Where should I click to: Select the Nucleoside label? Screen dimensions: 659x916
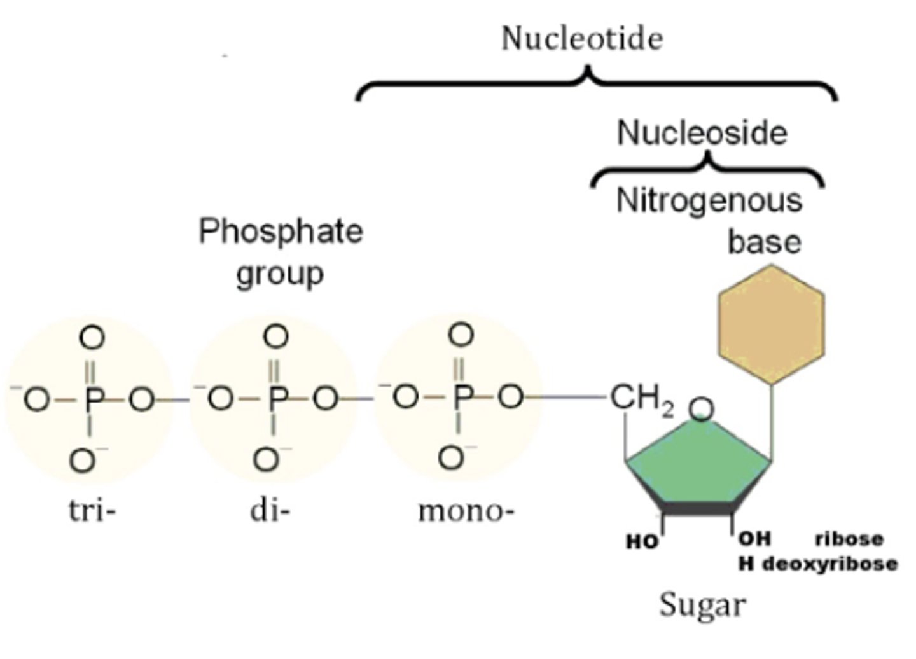(702, 133)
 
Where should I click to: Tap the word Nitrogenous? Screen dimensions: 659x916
(709, 201)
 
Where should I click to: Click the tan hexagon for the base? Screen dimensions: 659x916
(771, 324)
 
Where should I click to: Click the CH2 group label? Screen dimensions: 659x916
(641, 399)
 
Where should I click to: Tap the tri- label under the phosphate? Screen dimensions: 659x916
(92, 510)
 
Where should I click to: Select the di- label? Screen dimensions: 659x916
(269, 510)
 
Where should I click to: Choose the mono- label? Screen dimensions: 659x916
(466, 511)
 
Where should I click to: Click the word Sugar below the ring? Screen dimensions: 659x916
(702, 604)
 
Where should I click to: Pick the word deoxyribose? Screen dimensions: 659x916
(829, 564)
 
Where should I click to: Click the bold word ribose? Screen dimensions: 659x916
(849, 539)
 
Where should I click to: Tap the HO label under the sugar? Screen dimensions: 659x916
(642, 542)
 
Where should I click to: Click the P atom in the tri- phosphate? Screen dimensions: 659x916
(93, 399)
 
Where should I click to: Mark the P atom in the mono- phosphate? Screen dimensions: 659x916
(462, 398)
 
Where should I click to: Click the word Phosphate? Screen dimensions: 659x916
(281, 231)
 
